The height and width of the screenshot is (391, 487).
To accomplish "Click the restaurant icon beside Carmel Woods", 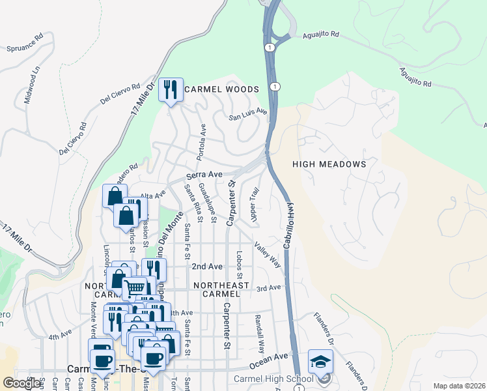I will pyautogui.click(x=170, y=90).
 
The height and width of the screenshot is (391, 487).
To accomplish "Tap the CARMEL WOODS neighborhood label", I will pyautogui.click(x=221, y=89).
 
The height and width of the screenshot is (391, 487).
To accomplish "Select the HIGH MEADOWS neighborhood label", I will pyautogui.click(x=329, y=164).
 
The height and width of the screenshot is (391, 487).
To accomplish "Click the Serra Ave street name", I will pyautogui.click(x=204, y=175).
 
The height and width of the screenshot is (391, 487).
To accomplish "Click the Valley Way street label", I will pyautogui.click(x=268, y=255).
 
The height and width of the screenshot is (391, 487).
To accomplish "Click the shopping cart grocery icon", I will pyautogui.click(x=135, y=287).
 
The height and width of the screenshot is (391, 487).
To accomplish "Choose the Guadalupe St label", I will pyautogui.click(x=208, y=203).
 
